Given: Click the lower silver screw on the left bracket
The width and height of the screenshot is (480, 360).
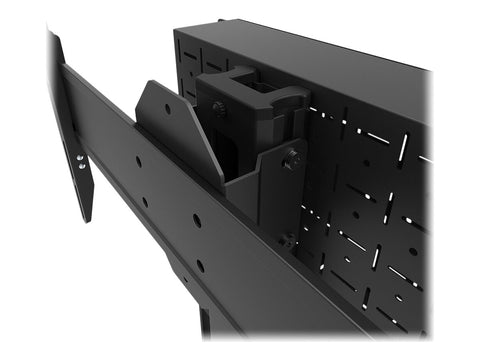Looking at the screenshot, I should coord(80,164).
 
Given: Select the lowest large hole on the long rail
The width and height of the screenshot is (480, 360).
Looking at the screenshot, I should coord(201,265).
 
